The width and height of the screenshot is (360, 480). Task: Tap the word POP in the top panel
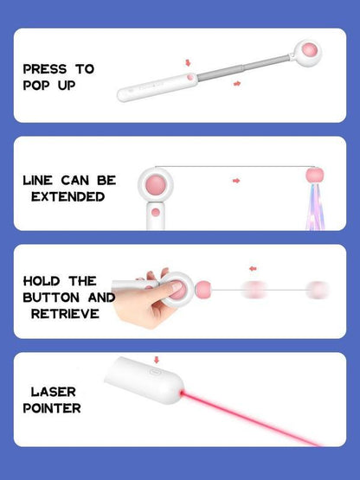(37, 86)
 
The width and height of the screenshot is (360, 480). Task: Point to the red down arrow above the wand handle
(187, 63)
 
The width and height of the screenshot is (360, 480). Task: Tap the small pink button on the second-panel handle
(156, 211)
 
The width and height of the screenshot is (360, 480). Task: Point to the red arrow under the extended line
(235, 181)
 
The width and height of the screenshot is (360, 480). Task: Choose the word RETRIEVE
(64, 313)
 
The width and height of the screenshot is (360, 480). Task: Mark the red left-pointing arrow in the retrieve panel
(252, 269)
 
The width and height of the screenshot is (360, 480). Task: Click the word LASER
(54, 391)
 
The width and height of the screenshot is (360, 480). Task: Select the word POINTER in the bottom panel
(52, 407)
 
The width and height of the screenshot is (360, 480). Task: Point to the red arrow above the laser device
(156, 359)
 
